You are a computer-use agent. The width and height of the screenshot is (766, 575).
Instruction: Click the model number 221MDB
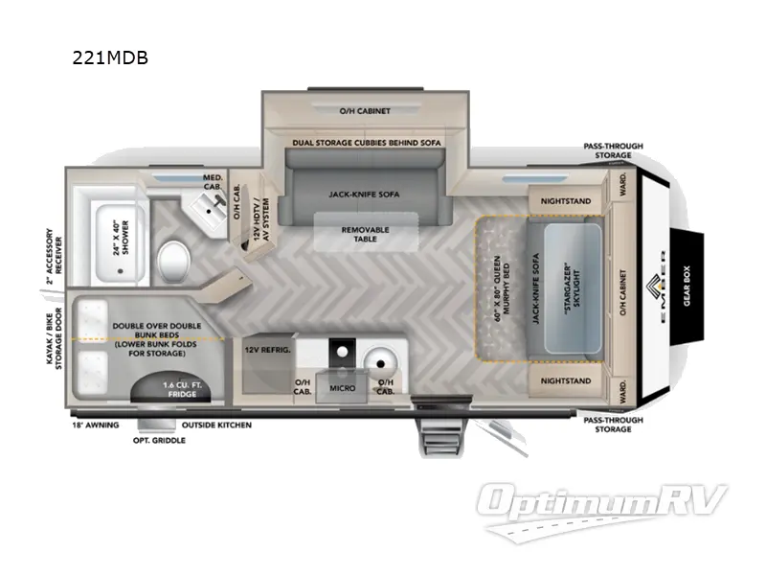(x=110, y=57)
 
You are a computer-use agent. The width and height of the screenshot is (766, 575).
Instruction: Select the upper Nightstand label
(x=567, y=201)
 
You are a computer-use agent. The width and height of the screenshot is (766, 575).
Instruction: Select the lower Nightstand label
(x=567, y=380)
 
